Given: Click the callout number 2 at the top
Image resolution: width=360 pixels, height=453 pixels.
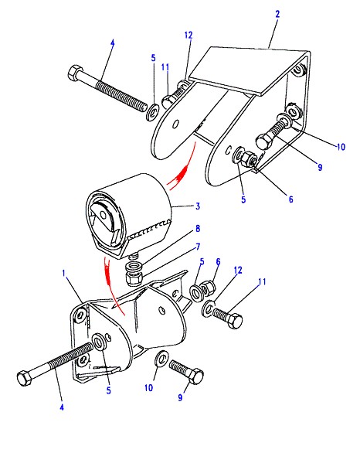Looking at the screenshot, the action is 277,14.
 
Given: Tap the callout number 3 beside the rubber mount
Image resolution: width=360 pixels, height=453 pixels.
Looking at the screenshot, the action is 198,206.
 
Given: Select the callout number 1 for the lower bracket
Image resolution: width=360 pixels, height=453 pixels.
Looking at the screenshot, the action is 64,274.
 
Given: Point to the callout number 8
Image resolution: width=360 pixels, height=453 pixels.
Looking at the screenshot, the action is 198,229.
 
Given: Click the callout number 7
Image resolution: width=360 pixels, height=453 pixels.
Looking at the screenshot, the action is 198,247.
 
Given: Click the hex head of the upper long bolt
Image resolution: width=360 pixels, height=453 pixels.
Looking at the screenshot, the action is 76,73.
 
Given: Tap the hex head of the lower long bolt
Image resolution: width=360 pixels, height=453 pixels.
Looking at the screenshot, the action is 25,378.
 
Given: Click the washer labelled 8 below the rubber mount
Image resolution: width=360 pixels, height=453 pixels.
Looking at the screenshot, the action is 134,264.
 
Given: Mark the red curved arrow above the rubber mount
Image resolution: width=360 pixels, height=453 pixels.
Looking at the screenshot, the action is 182,168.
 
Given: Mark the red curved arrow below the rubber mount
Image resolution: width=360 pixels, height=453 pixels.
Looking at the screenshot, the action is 113,284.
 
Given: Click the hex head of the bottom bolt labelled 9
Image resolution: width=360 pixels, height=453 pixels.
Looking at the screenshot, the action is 195,376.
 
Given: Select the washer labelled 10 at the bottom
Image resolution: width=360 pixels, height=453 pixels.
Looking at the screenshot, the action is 162,359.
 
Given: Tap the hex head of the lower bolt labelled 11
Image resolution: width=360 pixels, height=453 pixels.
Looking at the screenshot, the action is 235,321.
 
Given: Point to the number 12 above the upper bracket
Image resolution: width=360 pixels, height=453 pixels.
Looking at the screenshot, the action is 188,36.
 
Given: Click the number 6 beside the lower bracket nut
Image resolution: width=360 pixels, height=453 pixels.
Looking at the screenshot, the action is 218,262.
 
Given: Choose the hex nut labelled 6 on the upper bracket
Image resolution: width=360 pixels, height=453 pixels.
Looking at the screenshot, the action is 249,159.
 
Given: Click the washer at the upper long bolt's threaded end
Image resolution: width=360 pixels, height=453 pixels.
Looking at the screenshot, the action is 153,112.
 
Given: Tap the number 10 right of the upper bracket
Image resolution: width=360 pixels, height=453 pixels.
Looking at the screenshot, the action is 341,147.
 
